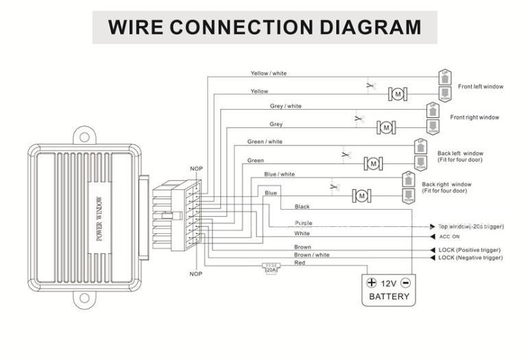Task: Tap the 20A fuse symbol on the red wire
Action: [x=271, y=268]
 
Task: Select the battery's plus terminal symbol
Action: [x=372, y=283]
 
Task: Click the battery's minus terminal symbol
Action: [x=405, y=283]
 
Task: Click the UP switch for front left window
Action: [x=444, y=75]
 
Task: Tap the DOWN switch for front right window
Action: [x=433, y=127]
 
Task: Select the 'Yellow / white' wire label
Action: [x=269, y=73]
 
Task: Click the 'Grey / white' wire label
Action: [x=285, y=106]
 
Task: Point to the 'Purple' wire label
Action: [x=303, y=223]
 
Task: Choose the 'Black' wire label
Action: [x=302, y=206]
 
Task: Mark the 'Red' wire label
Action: [x=300, y=263]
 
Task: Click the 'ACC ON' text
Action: [x=450, y=236]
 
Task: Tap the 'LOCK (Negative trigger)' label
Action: [x=470, y=258]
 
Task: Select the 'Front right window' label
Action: [x=475, y=117]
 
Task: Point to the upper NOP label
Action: [x=196, y=169]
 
